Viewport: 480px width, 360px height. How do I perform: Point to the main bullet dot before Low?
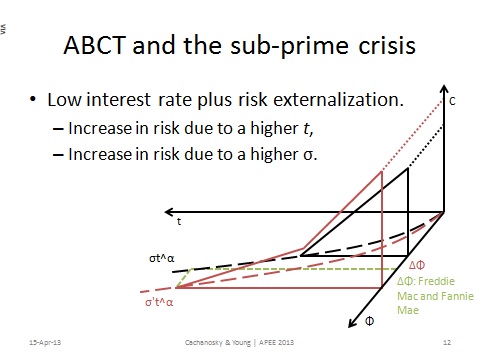click(35, 101)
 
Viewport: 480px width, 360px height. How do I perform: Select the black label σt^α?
click(159, 259)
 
